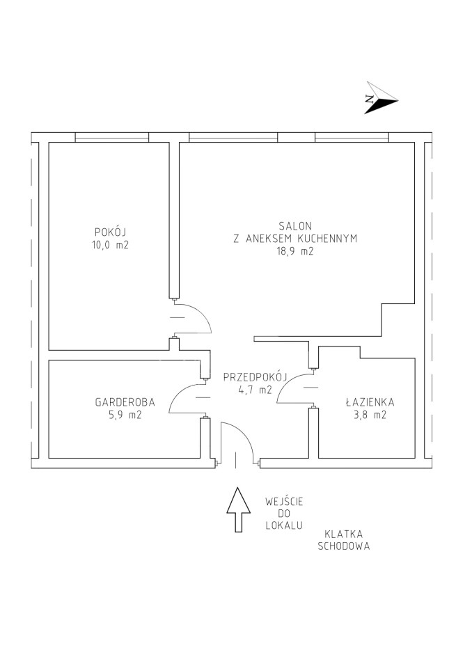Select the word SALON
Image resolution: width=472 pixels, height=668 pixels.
tap(295, 225)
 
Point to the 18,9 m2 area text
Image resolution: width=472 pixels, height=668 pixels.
tap(295, 251)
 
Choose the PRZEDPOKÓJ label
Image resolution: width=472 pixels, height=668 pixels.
tap(255, 377)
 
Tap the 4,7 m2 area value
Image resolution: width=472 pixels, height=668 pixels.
tap(255, 390)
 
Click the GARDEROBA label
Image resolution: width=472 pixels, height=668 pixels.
tap(125, 401)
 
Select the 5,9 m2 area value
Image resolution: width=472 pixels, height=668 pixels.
tap(125, 415)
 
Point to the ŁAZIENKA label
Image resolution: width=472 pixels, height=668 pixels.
tap(370, 401)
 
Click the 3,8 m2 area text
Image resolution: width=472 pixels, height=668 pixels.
tap(370, 415)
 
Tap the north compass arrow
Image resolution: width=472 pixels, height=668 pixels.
tap(380, 98)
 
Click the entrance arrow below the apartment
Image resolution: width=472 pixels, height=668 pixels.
tap(238, 510)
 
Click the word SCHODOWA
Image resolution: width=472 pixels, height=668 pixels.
tap(344, 546)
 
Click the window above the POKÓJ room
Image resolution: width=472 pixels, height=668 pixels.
tap(111, 137)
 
